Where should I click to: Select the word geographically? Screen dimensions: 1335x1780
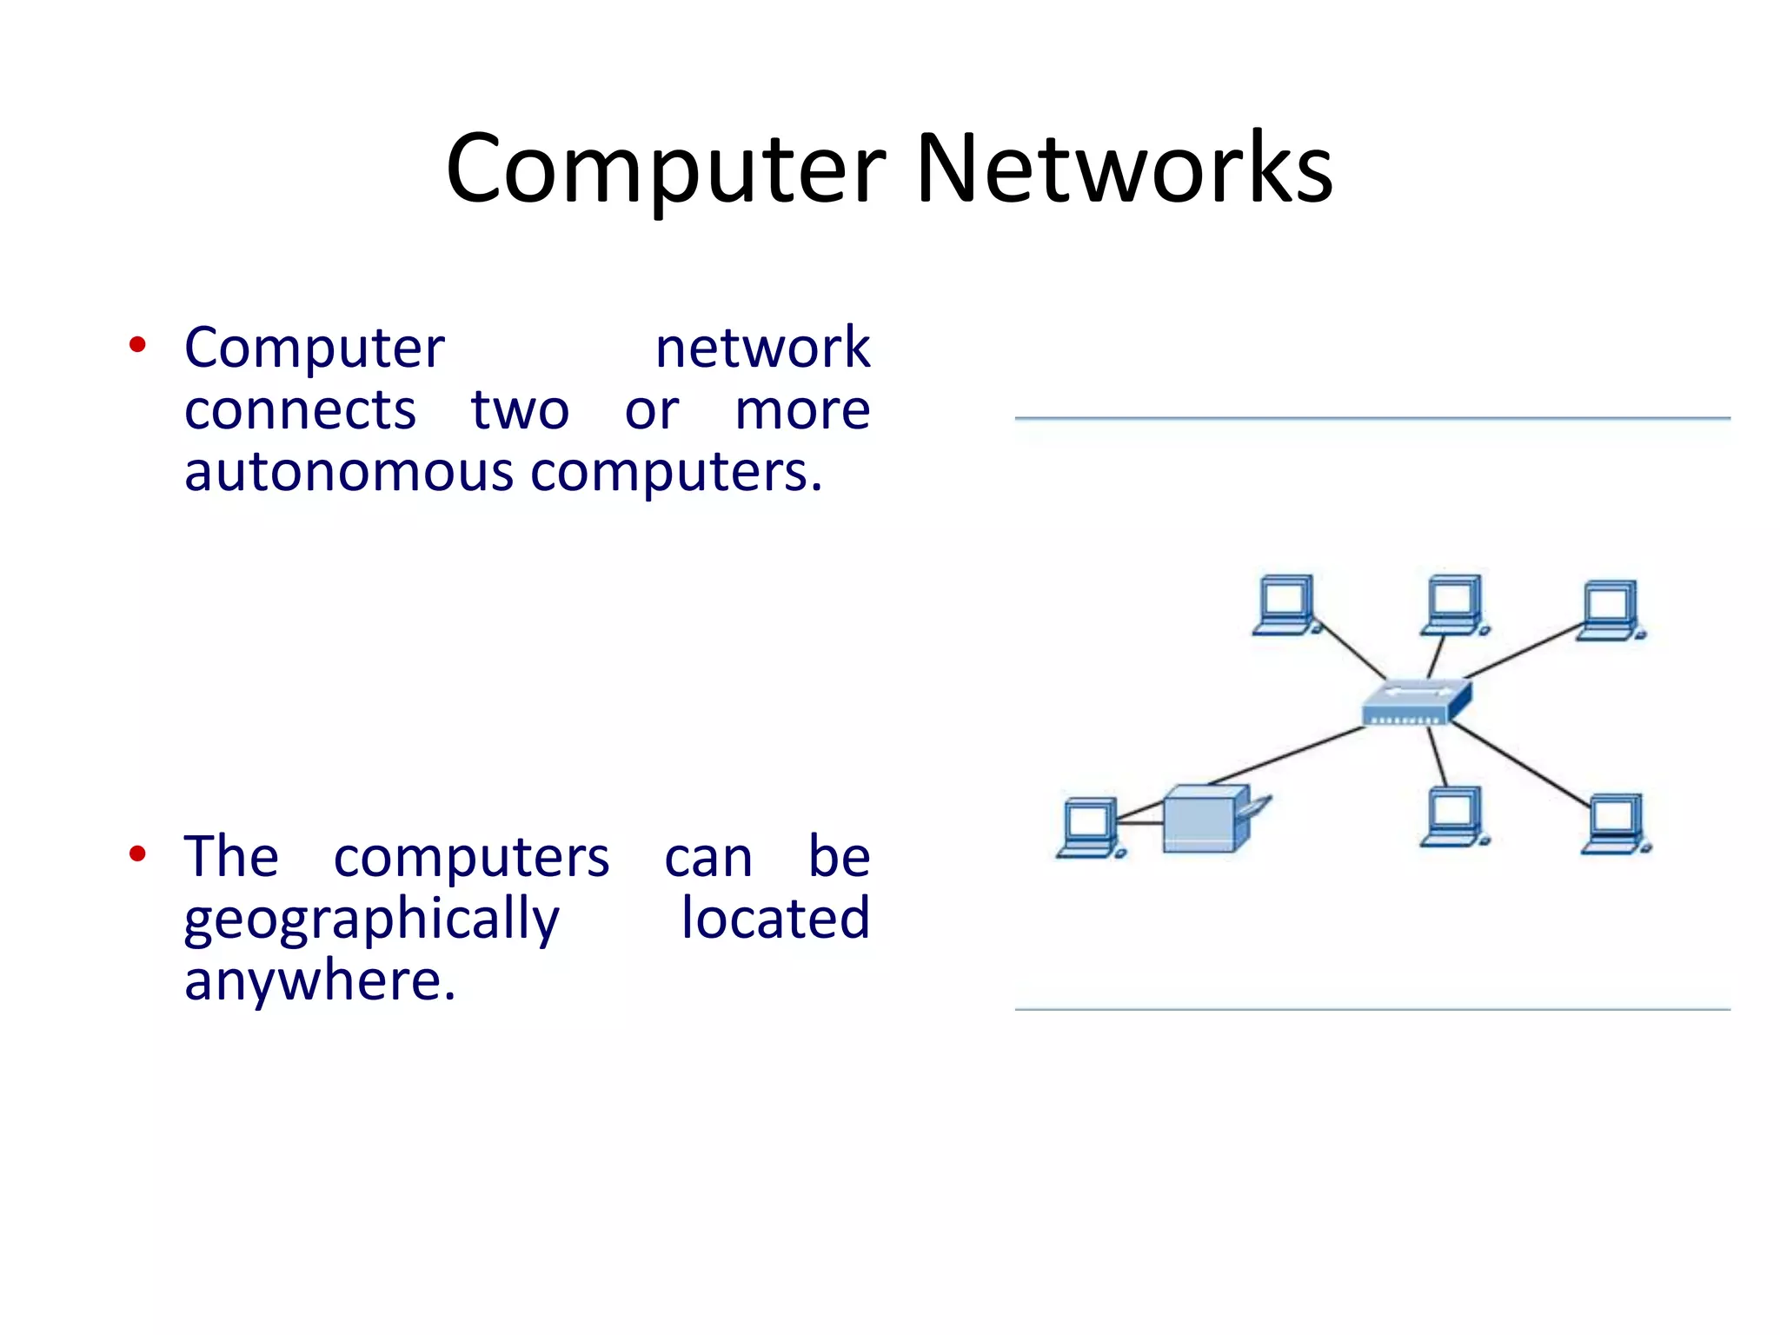[x=372, y=920]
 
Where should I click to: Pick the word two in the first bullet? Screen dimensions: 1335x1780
[x=520, y=410]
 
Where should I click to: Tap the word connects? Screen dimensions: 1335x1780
[x=300, y=410]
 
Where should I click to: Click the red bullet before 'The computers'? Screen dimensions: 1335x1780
[x=137, y=854]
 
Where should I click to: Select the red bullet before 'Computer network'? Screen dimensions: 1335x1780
[x=137, y=345]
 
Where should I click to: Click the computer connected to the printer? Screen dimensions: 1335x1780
[x=1088, y=827]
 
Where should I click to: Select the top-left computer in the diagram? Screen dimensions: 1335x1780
[x=1285, y=604]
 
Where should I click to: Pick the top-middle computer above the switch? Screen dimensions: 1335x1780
[x=1453, y=604]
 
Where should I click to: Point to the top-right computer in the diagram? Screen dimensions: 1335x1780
[x=1610, y=609]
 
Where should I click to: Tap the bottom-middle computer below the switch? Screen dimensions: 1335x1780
[x=1453, y=816]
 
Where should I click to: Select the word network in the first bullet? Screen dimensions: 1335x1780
[x=762, y=348]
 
